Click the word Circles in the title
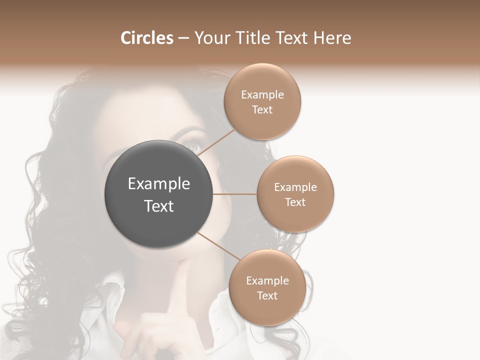click(x=147, y=38)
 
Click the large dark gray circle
click(x=159, y=194)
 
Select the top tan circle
click(x=262, y=102)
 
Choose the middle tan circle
click(x=295, y=194)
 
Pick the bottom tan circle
click(x=267, y=288)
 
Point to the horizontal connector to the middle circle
click(x=235, y=194)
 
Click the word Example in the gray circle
click(x=159, y=184)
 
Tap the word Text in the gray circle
click(x=159, y=206)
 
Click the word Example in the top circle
click(x=262, y=95)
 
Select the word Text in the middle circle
click(x=295, y=202)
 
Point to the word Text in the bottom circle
click(x=267, y=295)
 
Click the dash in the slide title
click(x=183, y=38)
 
